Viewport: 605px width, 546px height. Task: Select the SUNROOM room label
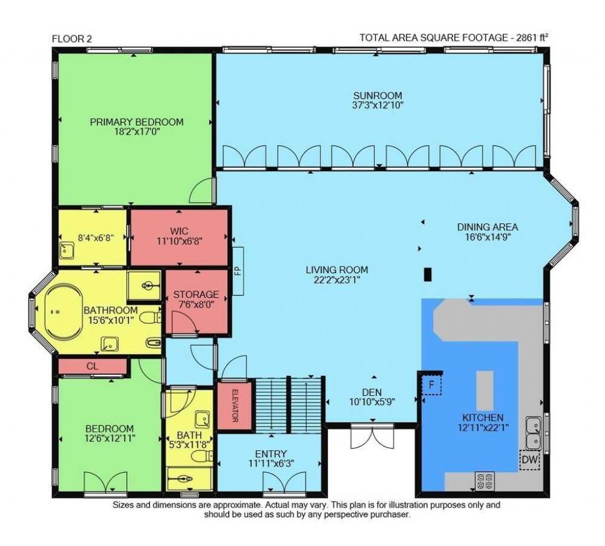click(378, 96)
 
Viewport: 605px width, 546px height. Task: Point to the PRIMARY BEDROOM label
click(136, 122)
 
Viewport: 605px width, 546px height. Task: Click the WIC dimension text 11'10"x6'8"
click(180, 240)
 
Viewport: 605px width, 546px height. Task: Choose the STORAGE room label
click(196, 294)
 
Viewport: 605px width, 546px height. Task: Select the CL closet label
click(92, 366)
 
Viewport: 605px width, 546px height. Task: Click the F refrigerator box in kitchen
click(431, 385)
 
